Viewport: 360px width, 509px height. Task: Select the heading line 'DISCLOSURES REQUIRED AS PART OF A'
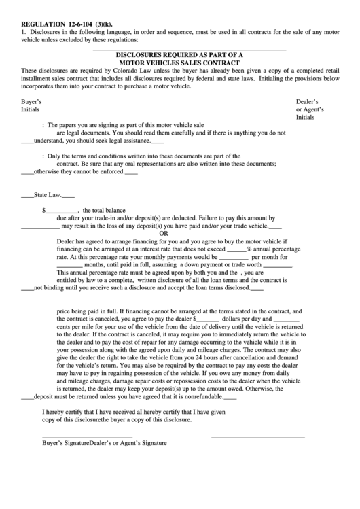coord(179,54)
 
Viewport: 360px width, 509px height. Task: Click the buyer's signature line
coord(87,436)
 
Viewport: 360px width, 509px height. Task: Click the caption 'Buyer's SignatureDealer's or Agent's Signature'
coord(105,443)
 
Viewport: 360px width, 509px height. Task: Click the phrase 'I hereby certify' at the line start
coord(64,411)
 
